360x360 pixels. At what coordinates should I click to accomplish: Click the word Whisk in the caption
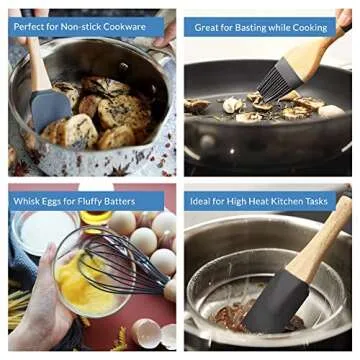[28, 201]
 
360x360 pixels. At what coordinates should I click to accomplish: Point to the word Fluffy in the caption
[107, 201]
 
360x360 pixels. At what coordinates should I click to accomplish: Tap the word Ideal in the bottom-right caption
[207, 201]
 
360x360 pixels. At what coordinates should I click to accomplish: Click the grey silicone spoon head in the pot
[50, 108]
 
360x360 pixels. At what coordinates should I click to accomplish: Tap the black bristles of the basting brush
[274, 80]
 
